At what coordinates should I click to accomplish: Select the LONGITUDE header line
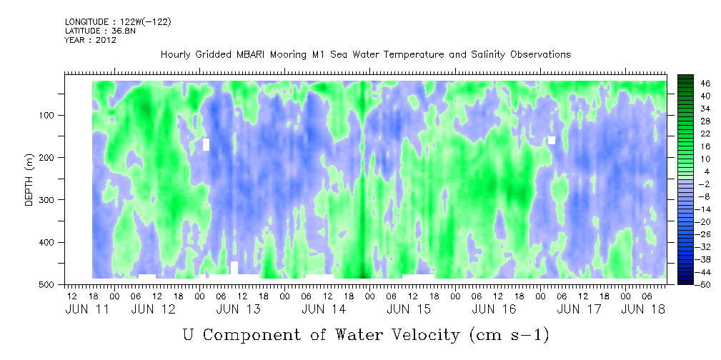118,21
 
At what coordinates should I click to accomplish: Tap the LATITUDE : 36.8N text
100,31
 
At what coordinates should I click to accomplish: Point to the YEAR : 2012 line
91,40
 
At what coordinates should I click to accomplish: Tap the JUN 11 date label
88,309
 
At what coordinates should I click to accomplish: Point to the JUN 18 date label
643,309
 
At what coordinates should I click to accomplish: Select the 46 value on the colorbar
693,84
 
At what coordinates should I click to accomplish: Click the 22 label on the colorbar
693,137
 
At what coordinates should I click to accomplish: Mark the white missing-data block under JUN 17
552,140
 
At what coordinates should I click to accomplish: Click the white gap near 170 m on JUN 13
206,144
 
